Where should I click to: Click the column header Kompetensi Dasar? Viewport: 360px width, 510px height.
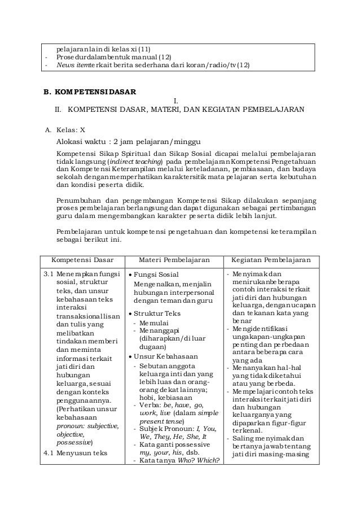[78, 260]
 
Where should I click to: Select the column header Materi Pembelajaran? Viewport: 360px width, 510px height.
[173, 260]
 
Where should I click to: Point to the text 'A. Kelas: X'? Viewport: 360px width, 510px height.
[65, 129]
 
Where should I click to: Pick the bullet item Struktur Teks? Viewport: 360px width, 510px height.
[160, 313]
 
